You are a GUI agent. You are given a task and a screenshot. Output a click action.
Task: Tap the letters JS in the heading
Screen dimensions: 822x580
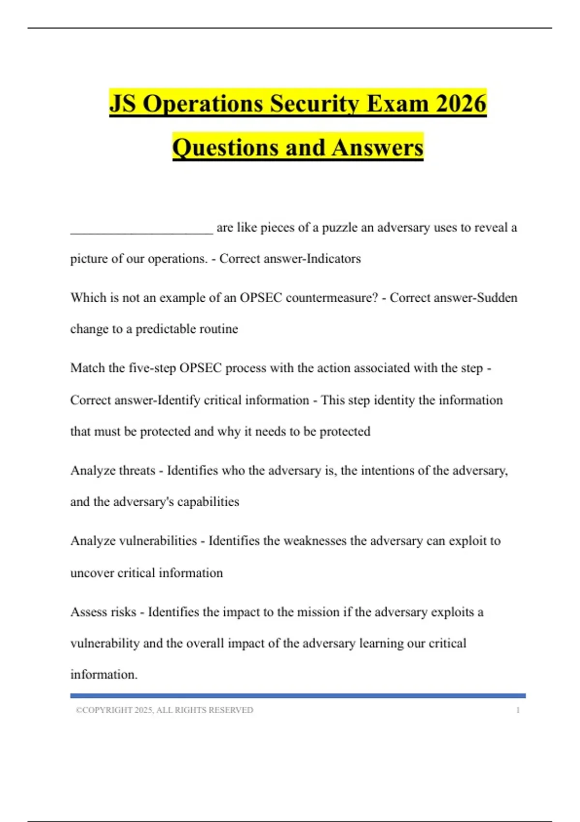(124, 103)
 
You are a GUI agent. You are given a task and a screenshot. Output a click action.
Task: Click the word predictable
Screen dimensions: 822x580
(173, 329)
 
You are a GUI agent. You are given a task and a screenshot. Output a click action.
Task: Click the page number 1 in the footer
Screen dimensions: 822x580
(518, 710)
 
